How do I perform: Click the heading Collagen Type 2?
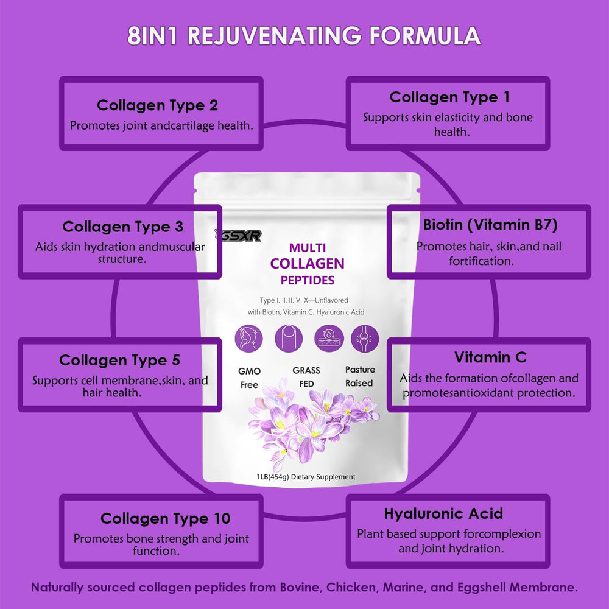pyautogui.click(x=157, y=105)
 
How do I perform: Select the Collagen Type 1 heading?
pyautogui.click(x=449, y=97)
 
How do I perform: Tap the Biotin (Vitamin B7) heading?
pyautogui.click(x=490, y=225)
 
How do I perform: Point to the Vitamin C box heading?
pyautogui.click(x=490, y=357)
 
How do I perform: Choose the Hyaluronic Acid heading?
pyautogui.click(x=443, y=513)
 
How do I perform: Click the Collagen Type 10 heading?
pyautogui.click(x=165, y=519)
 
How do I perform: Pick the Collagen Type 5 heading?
pyautogui.click(x=119, y=361)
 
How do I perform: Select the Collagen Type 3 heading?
pyautogui.click(x=122, y=227)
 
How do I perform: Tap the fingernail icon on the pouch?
pyautogui.click(x=289, y=337)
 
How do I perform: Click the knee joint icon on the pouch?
pyautogui.click(x=365, y=337)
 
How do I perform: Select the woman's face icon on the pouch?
pyautogui.click(x=248, y=337)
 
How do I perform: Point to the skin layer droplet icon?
pyautogui.click(x=328, y=337)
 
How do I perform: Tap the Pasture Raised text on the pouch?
pyautogui.click(x=360, y=376)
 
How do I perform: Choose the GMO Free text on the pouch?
pyautogui.click(x=249, y=378)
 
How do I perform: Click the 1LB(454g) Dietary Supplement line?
pyautogui.click(x=306, y=477)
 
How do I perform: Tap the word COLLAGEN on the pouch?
pyautogui.click(x=307, y=264)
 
